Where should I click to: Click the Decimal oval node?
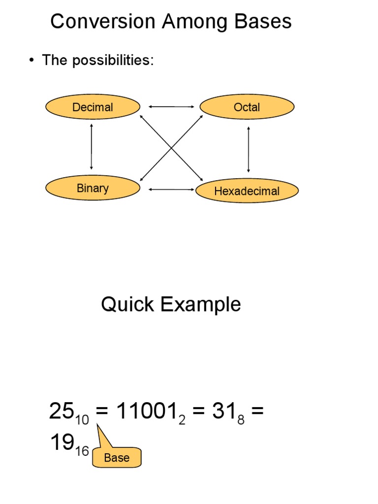pyautogui.click(x=93, y=107)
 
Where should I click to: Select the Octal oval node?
pyautogui.click(x=247, y=107)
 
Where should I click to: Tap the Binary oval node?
pyautogui.click(x=93, y=188)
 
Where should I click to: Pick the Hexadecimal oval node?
pyautogui.click(x=247, y=191)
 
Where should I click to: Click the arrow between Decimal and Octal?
pyautogui.click(x=172, y=106)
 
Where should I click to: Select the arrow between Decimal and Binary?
pyautogui.click(x=92, y=147)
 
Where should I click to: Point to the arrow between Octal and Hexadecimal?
pyautogui.click(x=248, y=149)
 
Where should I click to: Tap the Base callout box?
pyautogui.click(x=117, y=458)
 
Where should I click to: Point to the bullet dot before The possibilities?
pyautogui.click(x=31, y=61)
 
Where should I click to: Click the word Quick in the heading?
pyautogui.click(x=127, y=305)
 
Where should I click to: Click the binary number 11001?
pyautogui.click(x=146, y=411)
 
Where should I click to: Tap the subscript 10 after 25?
pyautogui.click(x=82, y=420)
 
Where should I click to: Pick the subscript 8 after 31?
pyautogui.click(x=241, y=420)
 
